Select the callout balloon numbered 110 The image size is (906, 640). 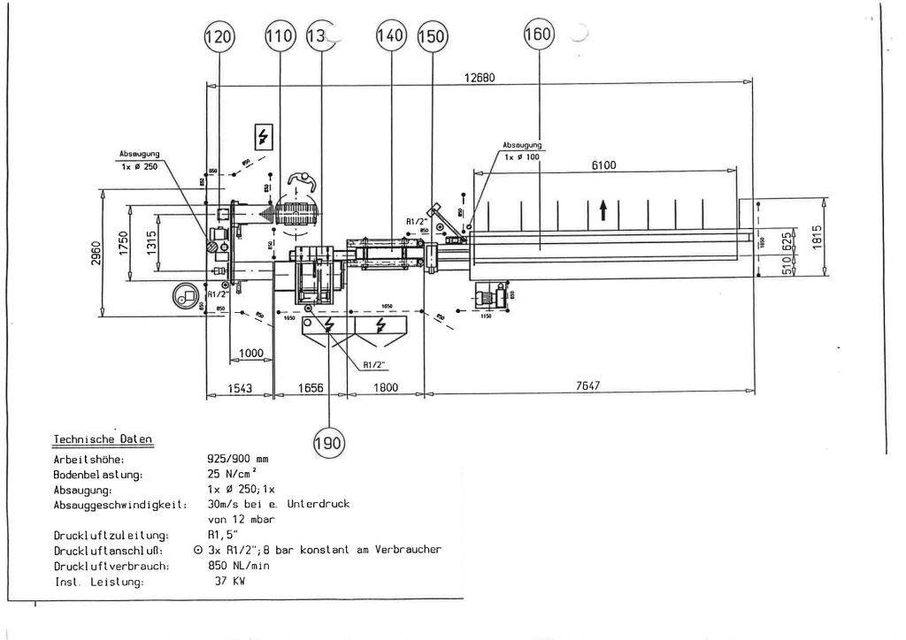tap(280, 37)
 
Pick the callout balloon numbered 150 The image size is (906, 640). tap(433, 37)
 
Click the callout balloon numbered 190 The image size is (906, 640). tap(329, 440)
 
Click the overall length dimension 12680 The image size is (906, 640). tap(479, 77)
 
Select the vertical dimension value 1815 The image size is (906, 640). tap(829, 236)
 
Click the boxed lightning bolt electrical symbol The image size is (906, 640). tap(263, 137)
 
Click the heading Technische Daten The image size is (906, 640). tap(103, 438)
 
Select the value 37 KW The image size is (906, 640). tap(228, 582)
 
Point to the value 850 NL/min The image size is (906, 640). tap(242, 566)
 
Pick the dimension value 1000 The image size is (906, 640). tap(251, 353)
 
